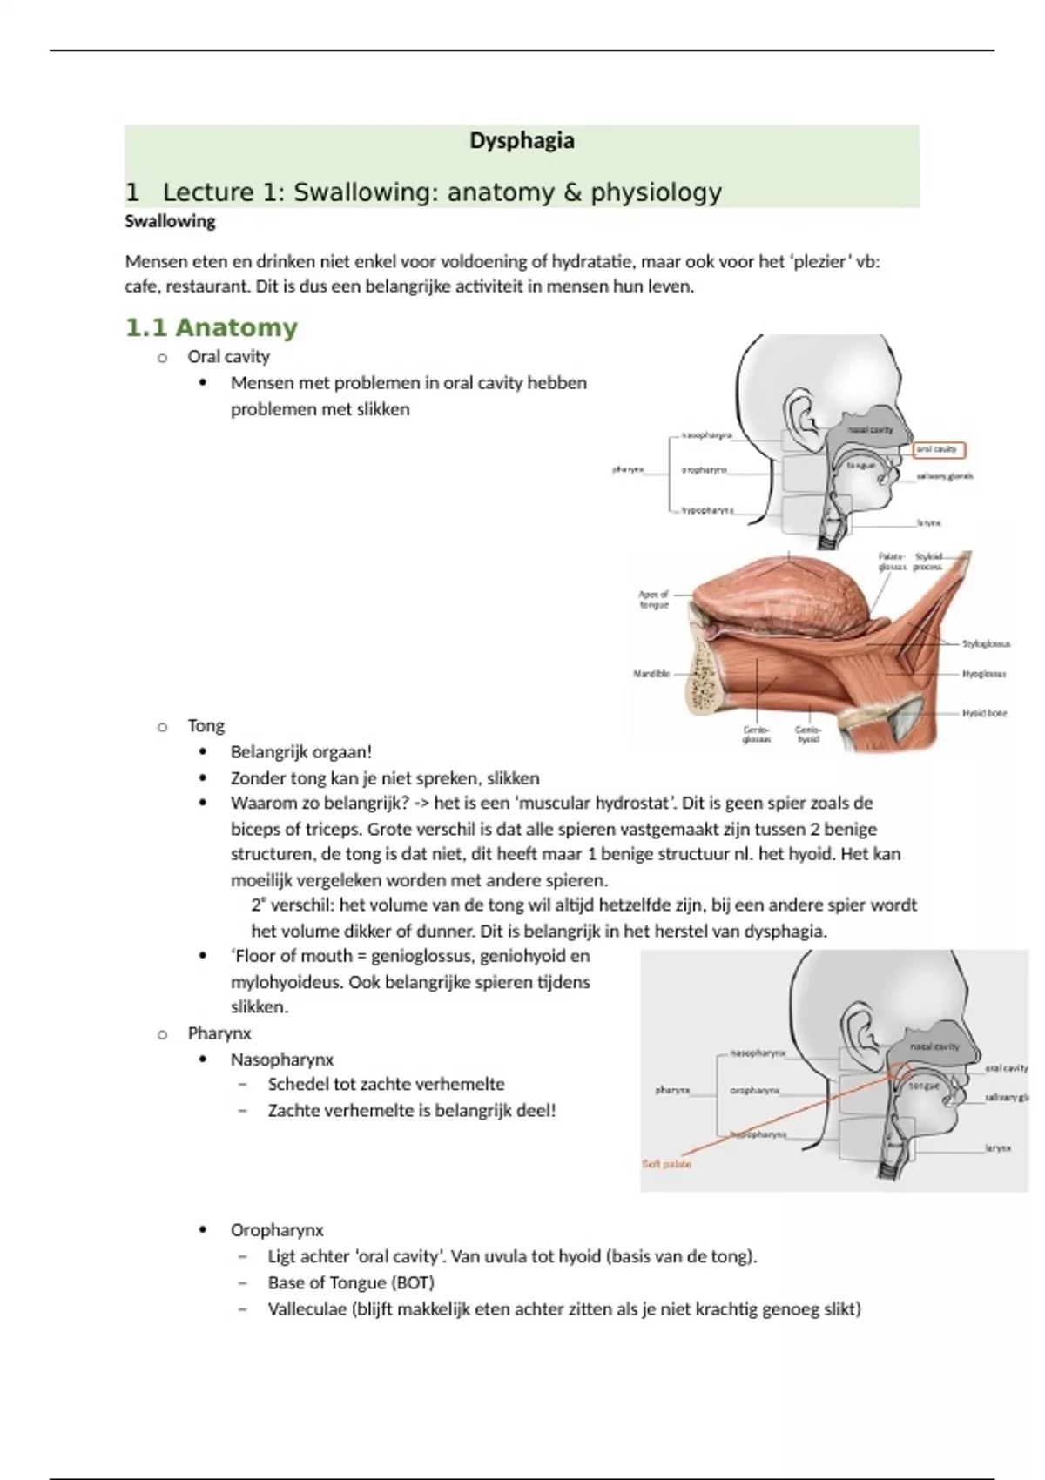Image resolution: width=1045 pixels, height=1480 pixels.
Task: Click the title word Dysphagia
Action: click(522, 141)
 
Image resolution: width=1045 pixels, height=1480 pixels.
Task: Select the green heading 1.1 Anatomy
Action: click(212, 328)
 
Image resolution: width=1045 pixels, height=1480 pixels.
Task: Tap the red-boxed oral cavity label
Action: click(939, 450)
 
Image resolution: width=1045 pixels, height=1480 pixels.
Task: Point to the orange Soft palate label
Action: click(666, 1164)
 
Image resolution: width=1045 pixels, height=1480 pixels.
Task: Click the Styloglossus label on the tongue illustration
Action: click(985, 644)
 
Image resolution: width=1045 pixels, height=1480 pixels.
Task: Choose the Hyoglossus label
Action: click(984, 674)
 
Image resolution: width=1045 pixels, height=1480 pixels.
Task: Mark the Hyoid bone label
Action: click(984, 713)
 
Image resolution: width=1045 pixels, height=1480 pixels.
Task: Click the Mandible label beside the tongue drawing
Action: click(651, 674)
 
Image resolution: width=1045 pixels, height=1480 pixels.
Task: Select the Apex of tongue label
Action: click(654, 599)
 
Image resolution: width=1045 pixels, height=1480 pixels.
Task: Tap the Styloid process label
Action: click(928, 562)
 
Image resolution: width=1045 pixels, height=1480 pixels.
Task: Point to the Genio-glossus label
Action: click(756, 735)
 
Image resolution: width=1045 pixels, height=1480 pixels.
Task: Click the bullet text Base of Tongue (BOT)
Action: click(351, 1283)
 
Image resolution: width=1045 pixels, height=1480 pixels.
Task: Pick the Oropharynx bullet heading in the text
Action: click(277, 1231)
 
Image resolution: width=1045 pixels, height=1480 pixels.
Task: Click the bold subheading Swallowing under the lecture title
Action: click(170, 222)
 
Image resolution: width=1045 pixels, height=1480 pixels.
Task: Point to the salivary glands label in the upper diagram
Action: click(945, 477)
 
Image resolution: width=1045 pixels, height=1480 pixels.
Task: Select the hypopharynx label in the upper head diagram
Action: click(706, 511)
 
